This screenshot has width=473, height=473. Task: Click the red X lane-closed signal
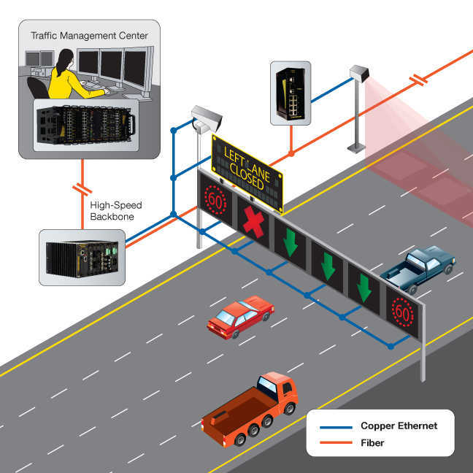253,222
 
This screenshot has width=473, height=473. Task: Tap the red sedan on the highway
239,316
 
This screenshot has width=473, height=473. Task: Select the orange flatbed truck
250,409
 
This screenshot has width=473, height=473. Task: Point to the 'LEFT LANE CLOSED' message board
247,166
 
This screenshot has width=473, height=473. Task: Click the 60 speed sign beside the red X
215,198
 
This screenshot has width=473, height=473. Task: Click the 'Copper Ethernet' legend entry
399,426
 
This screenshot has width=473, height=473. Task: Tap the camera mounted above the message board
204,117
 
